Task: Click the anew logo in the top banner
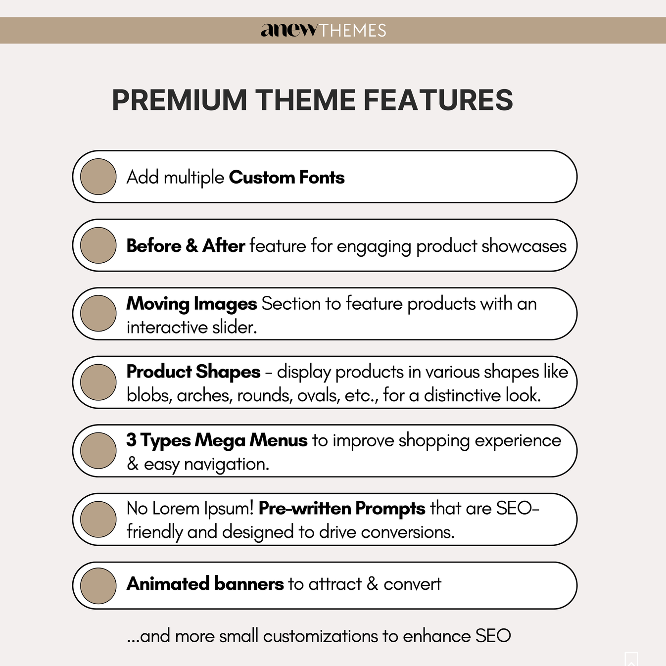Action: click(289, 30)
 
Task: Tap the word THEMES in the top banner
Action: click(352, 31)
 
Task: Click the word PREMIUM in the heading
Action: click(179, 100)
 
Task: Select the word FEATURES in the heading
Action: click(438, 100)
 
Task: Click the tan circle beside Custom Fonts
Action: click(98, 177)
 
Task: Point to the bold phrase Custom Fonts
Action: click(286, 177)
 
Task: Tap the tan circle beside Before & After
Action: click(98, 245)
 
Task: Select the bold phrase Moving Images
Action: click(191, 304)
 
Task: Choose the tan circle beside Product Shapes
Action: click(98, 382)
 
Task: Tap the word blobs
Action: click(148, 395)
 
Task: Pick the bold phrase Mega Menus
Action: click(251, 440)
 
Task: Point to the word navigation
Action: click(226, 464)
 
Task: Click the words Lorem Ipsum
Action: click(203, 508)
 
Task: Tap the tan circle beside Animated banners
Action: click(98, 586)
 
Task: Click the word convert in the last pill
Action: click(412, 584)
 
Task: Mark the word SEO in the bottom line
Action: click(493, 636)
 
